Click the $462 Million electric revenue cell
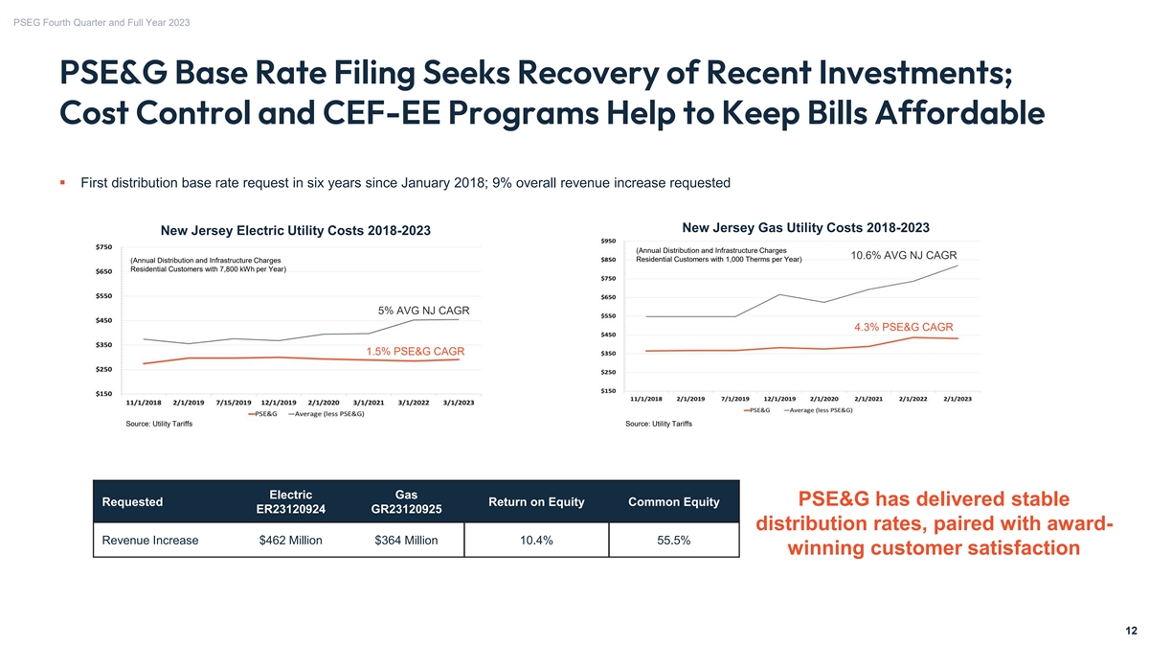(x=290, y=541)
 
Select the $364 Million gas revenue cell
(x=406, y=541)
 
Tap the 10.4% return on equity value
(x=536, y=541)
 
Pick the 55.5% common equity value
(x=673, y=541)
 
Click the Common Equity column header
(x=673, y=501)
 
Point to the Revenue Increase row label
(x=149, y=541)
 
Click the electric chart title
(x=296, y=231)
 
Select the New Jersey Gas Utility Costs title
(x=805, y=227)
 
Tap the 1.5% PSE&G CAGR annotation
(x=415, y=351)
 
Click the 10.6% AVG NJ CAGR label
(x=903, y=255)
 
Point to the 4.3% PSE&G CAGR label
(x=903, y=327)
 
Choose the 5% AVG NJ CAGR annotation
(x=423, y=311)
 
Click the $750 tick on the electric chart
(x=103, y=247)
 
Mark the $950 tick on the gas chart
(x=608, y=241)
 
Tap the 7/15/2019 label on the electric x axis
(x=234, y=403)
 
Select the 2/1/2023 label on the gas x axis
(x=957, y=399)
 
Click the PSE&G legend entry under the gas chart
(x=756, y=410)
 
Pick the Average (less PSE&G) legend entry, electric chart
(x=327, y=414)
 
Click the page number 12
(x=1131, y=631)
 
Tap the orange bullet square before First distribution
(x=62, y=182)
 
